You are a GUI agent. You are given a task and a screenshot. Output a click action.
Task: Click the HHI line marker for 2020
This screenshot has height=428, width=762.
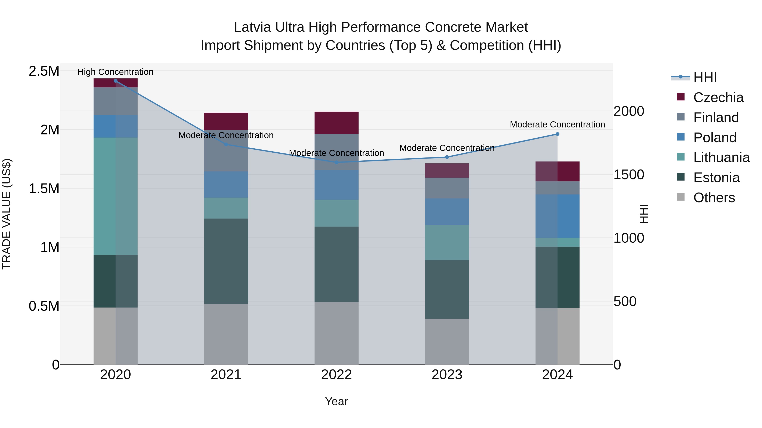[x=115, y=81]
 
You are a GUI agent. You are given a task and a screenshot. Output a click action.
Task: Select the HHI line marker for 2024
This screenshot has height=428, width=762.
[x=557, y=134]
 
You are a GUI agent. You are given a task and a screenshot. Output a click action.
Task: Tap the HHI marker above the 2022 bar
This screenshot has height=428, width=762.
[x=336, y=163]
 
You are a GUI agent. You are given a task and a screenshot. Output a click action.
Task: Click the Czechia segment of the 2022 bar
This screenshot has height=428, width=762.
[x=336, y=123]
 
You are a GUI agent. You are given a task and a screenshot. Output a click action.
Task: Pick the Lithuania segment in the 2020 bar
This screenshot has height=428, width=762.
[x=115, y=196]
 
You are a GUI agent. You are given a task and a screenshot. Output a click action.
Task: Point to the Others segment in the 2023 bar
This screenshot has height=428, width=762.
[x=447, y=342]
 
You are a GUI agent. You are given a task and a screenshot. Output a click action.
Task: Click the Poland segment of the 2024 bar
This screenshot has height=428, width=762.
[x=557, y=216]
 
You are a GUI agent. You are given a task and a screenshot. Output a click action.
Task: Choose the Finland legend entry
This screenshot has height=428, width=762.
[x=716, y=118]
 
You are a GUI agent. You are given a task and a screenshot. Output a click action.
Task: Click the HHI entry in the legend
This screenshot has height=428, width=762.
[x=705, y=77]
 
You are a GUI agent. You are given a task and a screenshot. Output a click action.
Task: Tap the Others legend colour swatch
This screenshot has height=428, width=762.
[x=681, y=197]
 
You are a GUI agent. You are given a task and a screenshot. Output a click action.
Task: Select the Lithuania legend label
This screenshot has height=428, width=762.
[x=721, y=158]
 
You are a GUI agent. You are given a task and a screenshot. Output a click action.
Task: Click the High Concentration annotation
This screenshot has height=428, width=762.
[x=115, y=72]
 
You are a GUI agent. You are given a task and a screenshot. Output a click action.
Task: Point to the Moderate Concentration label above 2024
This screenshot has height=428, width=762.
[x=557, y=125]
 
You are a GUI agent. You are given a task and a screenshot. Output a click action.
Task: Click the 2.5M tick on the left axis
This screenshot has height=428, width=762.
[x=44, y=71]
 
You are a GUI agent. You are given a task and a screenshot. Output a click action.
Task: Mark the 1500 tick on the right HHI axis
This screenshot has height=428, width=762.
[x=629, y=175]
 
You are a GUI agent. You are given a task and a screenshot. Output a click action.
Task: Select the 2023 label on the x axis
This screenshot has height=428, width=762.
[x=447, y=375]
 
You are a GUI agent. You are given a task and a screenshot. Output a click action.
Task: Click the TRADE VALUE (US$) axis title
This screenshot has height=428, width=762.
[x=7, y=214]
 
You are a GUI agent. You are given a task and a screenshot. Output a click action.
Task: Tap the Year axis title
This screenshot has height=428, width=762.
[x=336, y=401]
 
